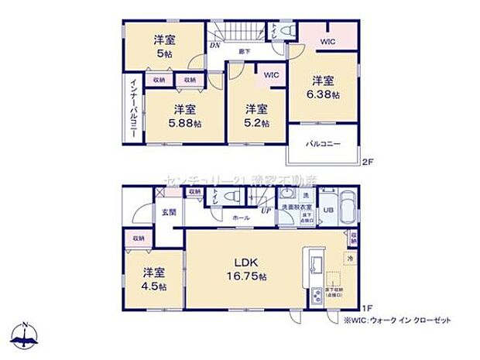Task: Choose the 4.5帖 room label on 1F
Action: [x=153, y=285]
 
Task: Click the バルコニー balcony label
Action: [x=323, y=144]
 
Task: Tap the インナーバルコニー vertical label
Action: [x=132, y=108]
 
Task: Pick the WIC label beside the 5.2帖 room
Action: [x=271, y=76]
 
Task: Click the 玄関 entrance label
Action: [x=169, y=212]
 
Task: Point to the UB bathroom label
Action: [x=327, y=208]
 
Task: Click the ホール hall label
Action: [x=241, y=218]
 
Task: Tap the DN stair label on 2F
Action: [x=214, y=46]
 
